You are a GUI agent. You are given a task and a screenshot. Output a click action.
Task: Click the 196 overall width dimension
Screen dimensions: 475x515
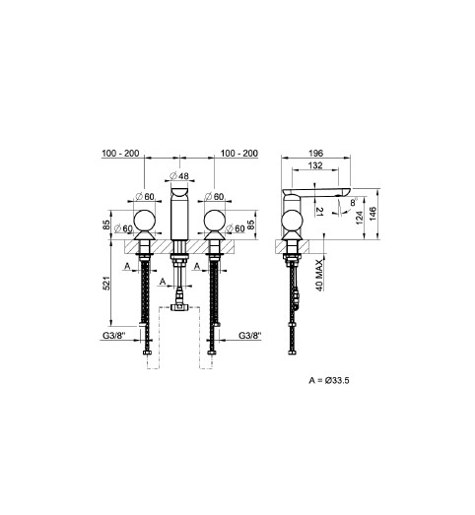[x=315, y=153]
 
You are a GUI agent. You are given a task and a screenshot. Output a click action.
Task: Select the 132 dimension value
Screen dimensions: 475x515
[x=315, y=165]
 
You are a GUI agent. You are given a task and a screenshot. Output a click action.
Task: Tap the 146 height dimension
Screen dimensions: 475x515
[x=373, y=214]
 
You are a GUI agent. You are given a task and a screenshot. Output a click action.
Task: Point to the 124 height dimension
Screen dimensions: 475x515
[x=360, y=218]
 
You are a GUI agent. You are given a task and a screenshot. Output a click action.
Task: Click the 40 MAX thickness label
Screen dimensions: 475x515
[x=319, y=275]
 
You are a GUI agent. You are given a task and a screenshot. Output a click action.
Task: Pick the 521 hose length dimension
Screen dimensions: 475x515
[x=106, y=283]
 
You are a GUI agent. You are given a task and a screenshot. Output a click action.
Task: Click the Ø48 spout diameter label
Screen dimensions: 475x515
[x=179, y=176]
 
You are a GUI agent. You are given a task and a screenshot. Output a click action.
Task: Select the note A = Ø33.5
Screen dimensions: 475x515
[x=329, y=380]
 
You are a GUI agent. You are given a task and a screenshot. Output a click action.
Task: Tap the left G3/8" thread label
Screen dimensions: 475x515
[x=114, y=336]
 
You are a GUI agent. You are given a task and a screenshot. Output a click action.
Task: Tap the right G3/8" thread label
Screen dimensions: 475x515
[x=250, y=336]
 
